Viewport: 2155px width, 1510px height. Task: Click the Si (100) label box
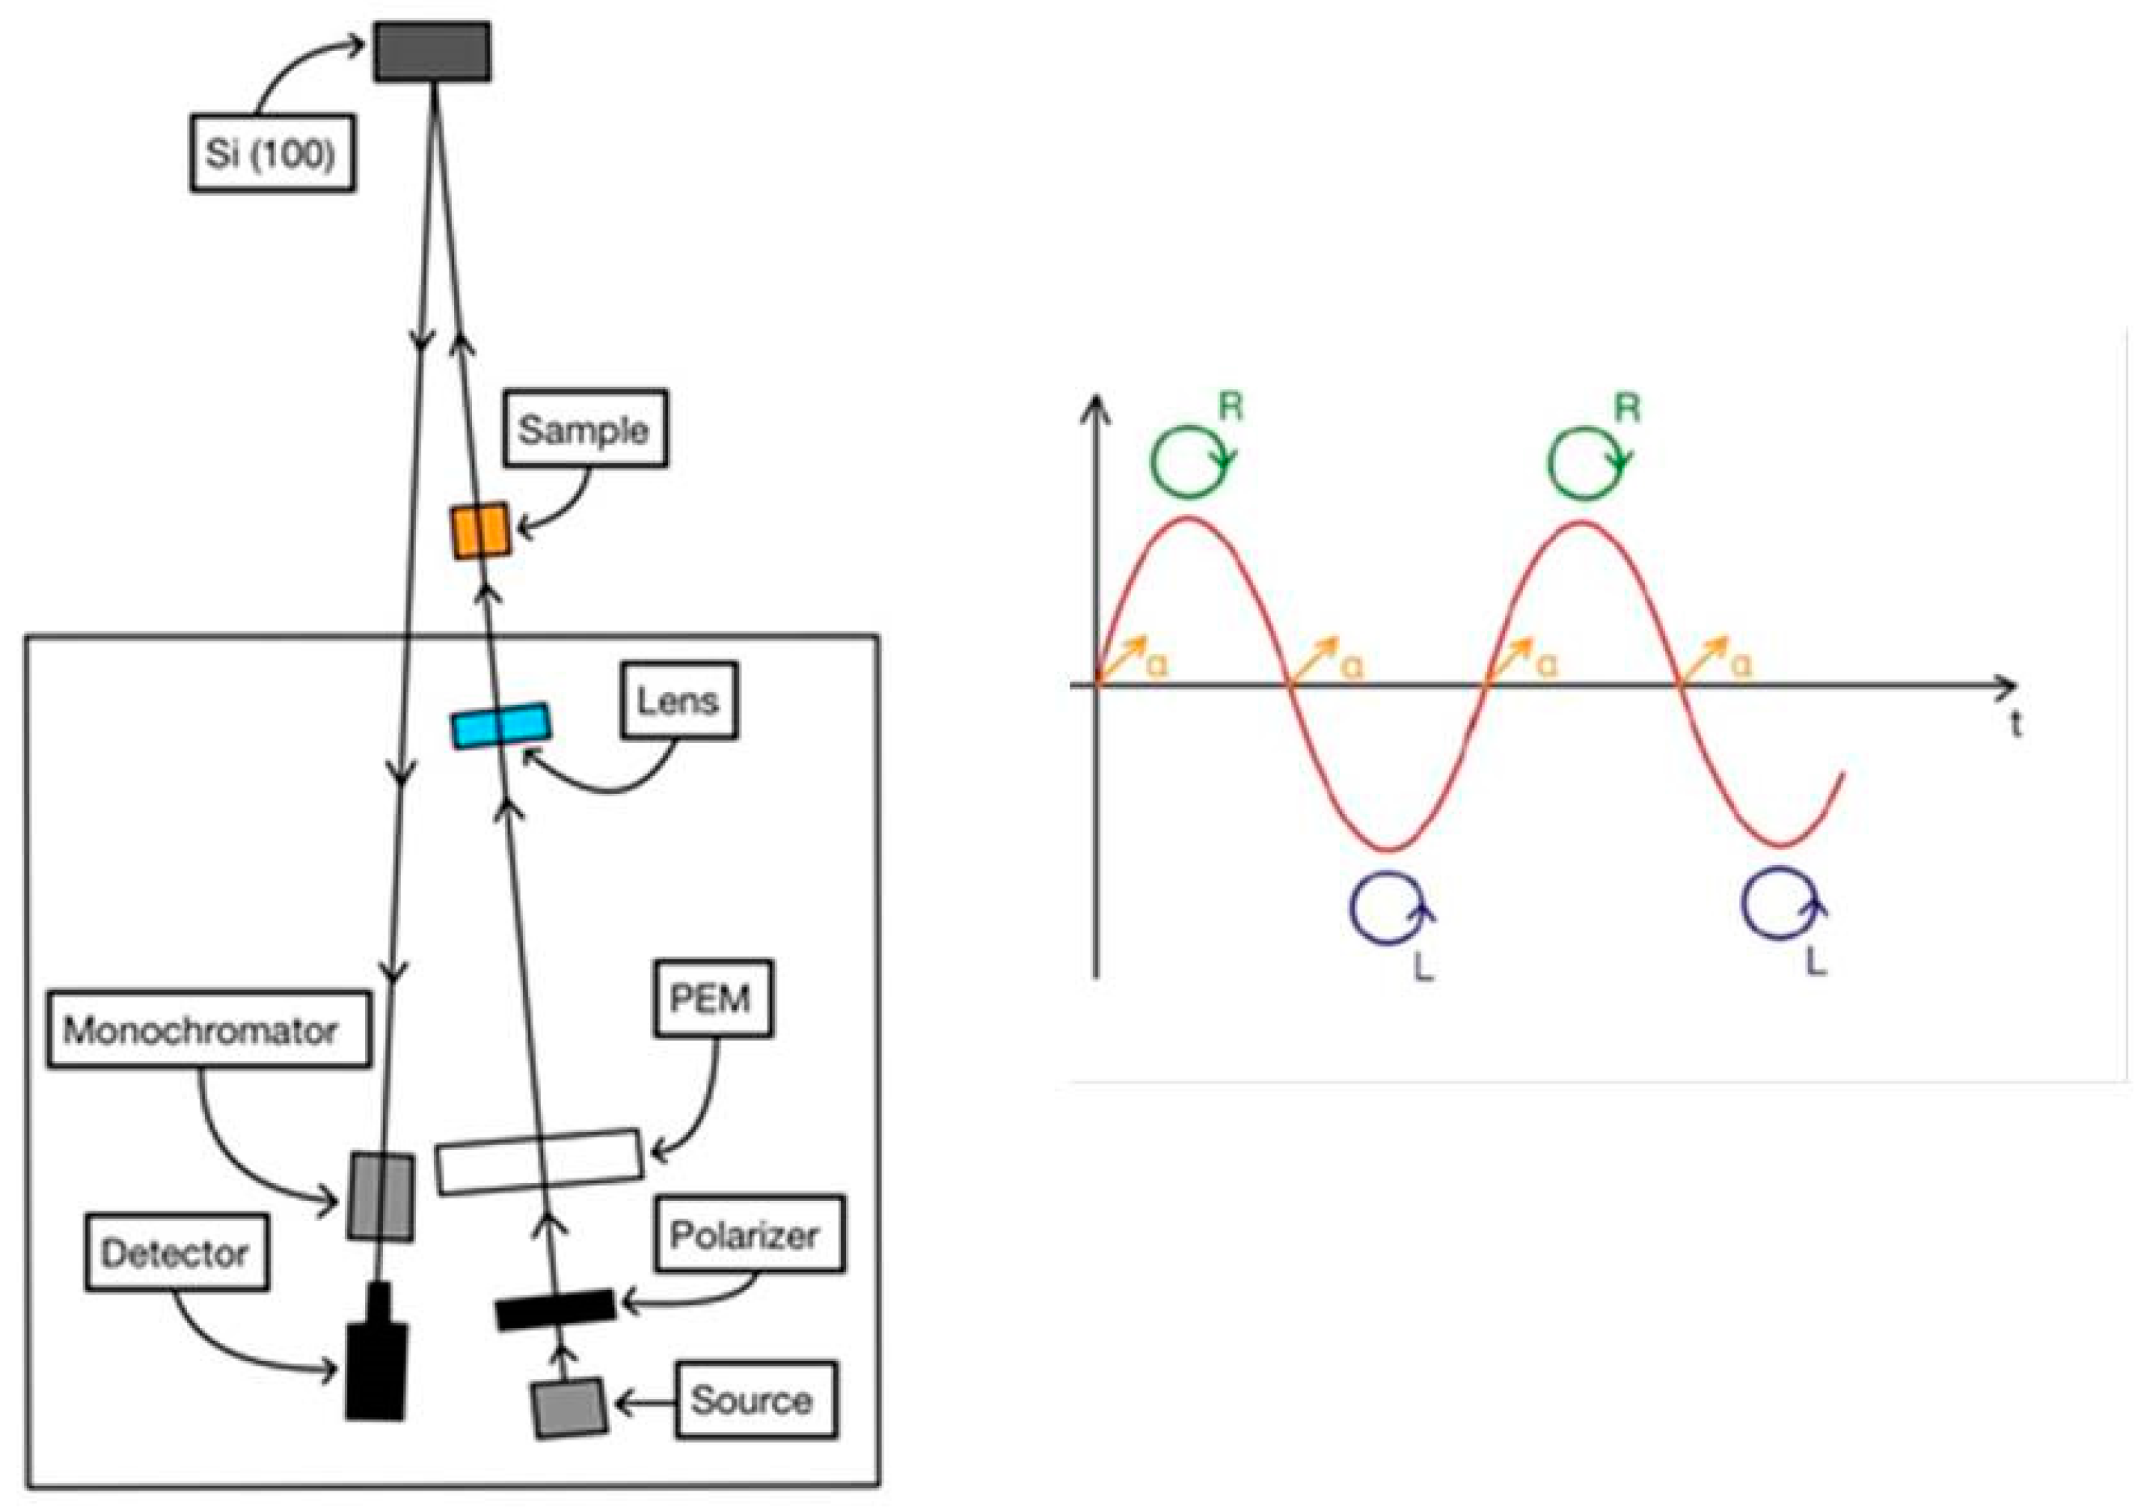(272, 153)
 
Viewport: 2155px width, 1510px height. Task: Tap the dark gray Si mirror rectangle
(431, 53)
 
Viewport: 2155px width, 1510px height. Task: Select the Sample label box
(584, 429)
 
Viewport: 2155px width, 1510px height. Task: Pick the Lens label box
(678, 700)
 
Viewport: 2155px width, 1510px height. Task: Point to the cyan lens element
(501, 725)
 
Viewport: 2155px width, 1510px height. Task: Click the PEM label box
(712, 999)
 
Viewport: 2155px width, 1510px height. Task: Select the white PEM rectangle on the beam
(540, 1161)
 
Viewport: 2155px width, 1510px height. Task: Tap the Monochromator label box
(208, 1029)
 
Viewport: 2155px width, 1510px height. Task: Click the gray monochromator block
(381, 1197)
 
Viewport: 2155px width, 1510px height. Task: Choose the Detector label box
(176, 1253)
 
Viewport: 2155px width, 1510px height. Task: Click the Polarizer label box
(748, 1234)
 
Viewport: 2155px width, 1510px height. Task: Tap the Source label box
(755, 1399)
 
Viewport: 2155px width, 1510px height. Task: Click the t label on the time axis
(2015, 724)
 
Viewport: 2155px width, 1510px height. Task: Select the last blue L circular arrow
(1780, 903)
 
